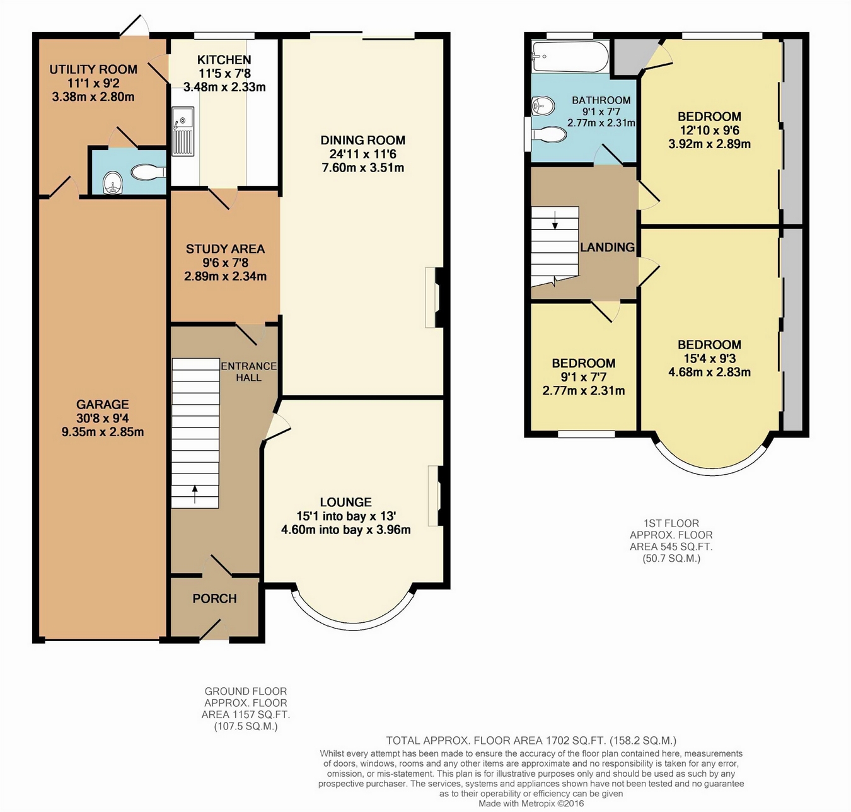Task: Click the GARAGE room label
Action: pos(103,405)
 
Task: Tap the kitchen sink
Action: pos(183,131)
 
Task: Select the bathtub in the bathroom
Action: pos(570,57)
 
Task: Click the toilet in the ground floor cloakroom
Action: pos(148,172)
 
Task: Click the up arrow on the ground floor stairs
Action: pos(195,494)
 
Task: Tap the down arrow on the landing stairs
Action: pos(555,220)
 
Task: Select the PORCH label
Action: pos(215,598)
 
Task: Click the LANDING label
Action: pos(607,247)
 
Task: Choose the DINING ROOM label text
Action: pos(362,141)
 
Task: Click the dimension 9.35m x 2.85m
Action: pos(103,432)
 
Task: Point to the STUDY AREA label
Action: pos(225,249)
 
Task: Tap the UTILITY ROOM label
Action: pos(93,69)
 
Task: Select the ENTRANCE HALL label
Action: pos(248,372)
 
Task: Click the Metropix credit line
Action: pos(531,803)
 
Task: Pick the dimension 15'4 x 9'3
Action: pos(709,359)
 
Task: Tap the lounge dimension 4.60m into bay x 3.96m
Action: pos(346,530)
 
